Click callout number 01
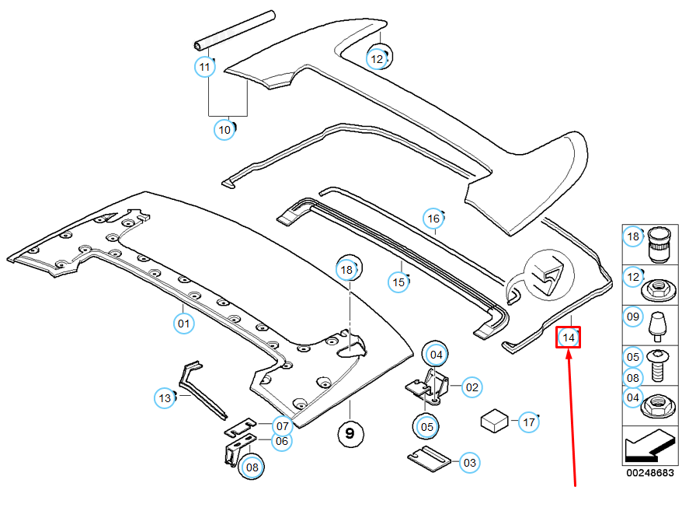pyautogui.click(x=183, y=323)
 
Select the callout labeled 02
pyautogui.click(x=471, y=386)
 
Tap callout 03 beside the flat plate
pyautogui.click(x=469, y=463)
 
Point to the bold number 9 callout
pyautogui.click(x=350, y=433)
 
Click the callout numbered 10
pyautogui.click(x=224, y=130)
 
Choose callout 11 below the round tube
pyautogui.click(x=204, y=67)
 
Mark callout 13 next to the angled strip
pyautogui.click(x=165, y=398)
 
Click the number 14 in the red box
pyautogui.click(x=569, y=338)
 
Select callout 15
pyautogui.click(x=398, y=282)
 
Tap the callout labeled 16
pyautogui.click(x=433, y=219)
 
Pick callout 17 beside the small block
pyautogui.click(x=529, y=422)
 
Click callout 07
pyautogui.click(x=282, y=426)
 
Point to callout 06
pyautogui.click(x=282, y=441)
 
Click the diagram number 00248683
pyautogui.click(x=649, y=473)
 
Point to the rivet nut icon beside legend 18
pyautogui.click(x=658, y=243)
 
